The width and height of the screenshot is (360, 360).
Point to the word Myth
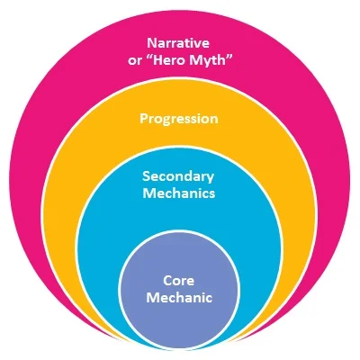coord(209,59)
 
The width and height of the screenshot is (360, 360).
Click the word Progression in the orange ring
coord(179,118)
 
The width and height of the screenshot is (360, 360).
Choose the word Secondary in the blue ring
coord(179,176)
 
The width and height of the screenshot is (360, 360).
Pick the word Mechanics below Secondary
coord(179,193)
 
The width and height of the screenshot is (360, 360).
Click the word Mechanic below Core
coord(178,295)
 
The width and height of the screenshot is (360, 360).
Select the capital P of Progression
coord(144,118)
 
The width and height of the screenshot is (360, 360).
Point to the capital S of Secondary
coord(148,176)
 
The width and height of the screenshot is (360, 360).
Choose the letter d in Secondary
coord(188,176)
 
